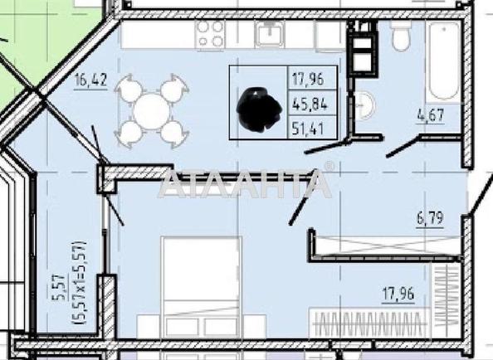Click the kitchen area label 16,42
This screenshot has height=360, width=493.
pyautogui.click(x=90, y=80)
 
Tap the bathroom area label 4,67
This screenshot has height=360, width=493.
pyautogui.click(x=431, y=115)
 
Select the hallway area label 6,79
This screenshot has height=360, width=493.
pyautogui.click(x=430, y=218)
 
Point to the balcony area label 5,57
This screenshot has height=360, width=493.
pyautogui.click(x=58, y=287)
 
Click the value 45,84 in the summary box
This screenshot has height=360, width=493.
pyautogui.click(x=310, y=103)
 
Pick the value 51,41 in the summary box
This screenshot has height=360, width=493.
pyautogui.click(x=309, y=129)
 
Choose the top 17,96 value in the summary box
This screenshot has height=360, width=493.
pyautogui.click(x=308, y=79)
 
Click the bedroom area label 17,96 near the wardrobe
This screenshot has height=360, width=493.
pyautogui.click(x=398, y=294)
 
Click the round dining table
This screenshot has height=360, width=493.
pyautogui.click(x=152, y=111)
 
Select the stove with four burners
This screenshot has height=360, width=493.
pyautogui.click(x=210, y=34)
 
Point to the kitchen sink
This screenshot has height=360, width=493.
pyautogui.click(x=269, y=34)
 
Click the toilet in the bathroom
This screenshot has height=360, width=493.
pyautogui.click(x=401, y=35)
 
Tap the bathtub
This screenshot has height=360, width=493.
pyautogui.click(x=443, y=61)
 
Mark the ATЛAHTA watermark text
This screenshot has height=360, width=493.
pyautogui.click(x=246, y=183)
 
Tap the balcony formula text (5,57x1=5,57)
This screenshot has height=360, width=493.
pyautogui.click(x=78, y=283)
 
